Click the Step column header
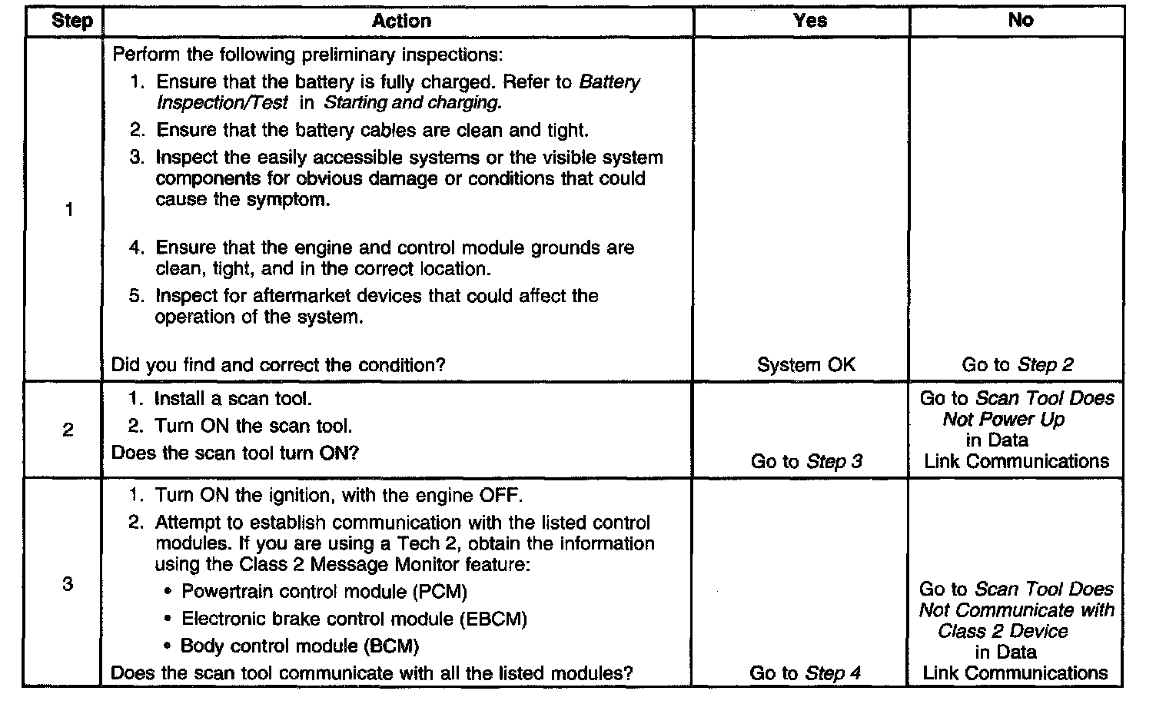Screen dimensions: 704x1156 (x=71, y=21)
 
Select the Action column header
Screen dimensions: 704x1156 (x=401, y=21)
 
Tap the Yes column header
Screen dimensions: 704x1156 (x=809, y=21)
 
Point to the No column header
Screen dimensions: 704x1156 (x=1020, y=21)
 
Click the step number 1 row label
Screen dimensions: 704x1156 (x=69, y=210)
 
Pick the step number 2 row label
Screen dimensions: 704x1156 (x=68, y=430)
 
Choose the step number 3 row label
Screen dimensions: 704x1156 (x=68, y=584)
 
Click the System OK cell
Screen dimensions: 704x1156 (x=806, y=365)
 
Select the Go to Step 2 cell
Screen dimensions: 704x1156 (x=1017, y=365)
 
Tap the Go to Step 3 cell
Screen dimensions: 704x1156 (x=806, y=461)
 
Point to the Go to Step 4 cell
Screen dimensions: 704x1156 (x=805, y=673)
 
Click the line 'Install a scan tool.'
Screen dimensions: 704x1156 (x=234, y=399)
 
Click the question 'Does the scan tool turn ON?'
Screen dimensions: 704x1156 (x=235, y=453)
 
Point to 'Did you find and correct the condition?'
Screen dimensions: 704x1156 (x=278, y=365)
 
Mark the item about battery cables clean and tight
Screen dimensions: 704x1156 (x=372, y=131)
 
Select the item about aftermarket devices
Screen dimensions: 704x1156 (x=377, y=306)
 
